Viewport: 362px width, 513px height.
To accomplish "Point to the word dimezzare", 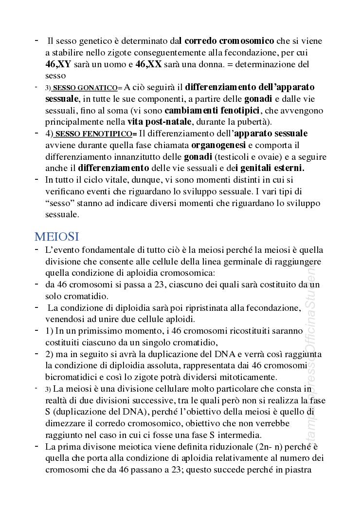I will coord(66,423).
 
